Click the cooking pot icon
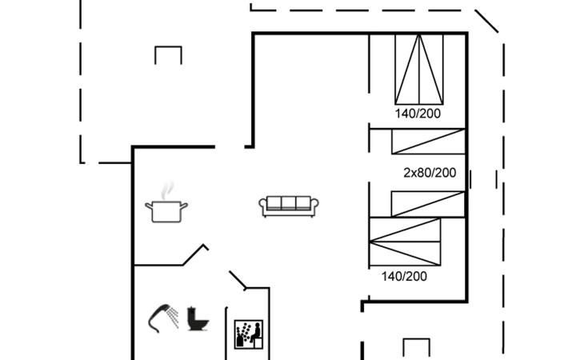pos(166,211)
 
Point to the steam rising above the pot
pos(168,190)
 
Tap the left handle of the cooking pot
pos(149,206)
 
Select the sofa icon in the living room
pos(289,206)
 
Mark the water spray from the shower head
pos(173,317)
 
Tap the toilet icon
pos(198,318)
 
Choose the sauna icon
pos(249,334)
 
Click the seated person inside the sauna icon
pos(255,334)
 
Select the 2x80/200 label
pos(430,173)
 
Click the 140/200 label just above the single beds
pos(418,114)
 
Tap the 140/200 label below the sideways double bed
pos(404,276)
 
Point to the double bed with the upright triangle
pos(419,70)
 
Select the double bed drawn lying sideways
pos(405,242)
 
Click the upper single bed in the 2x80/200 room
pos(428,141)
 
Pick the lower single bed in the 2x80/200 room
pos(428,204)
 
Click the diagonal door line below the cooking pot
pos(194,254)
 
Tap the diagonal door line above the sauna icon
pos(238,279)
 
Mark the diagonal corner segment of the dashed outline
pos(486,22)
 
